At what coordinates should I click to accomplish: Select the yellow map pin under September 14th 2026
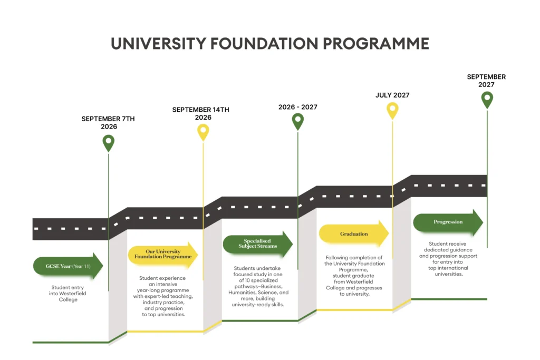pos(203,132)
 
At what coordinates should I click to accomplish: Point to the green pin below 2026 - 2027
pos(298,121)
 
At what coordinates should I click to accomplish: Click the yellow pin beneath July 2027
pos(392,110)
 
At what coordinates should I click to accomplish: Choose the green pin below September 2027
pos(487,99)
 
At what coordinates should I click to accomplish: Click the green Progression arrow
pos(448,222)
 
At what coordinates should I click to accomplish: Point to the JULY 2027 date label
pos(392,95)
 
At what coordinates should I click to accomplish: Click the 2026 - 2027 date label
pos(298,107)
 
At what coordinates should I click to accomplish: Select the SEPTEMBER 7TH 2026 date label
pos(108,123)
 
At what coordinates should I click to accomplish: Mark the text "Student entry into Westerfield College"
pos(68,294)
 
